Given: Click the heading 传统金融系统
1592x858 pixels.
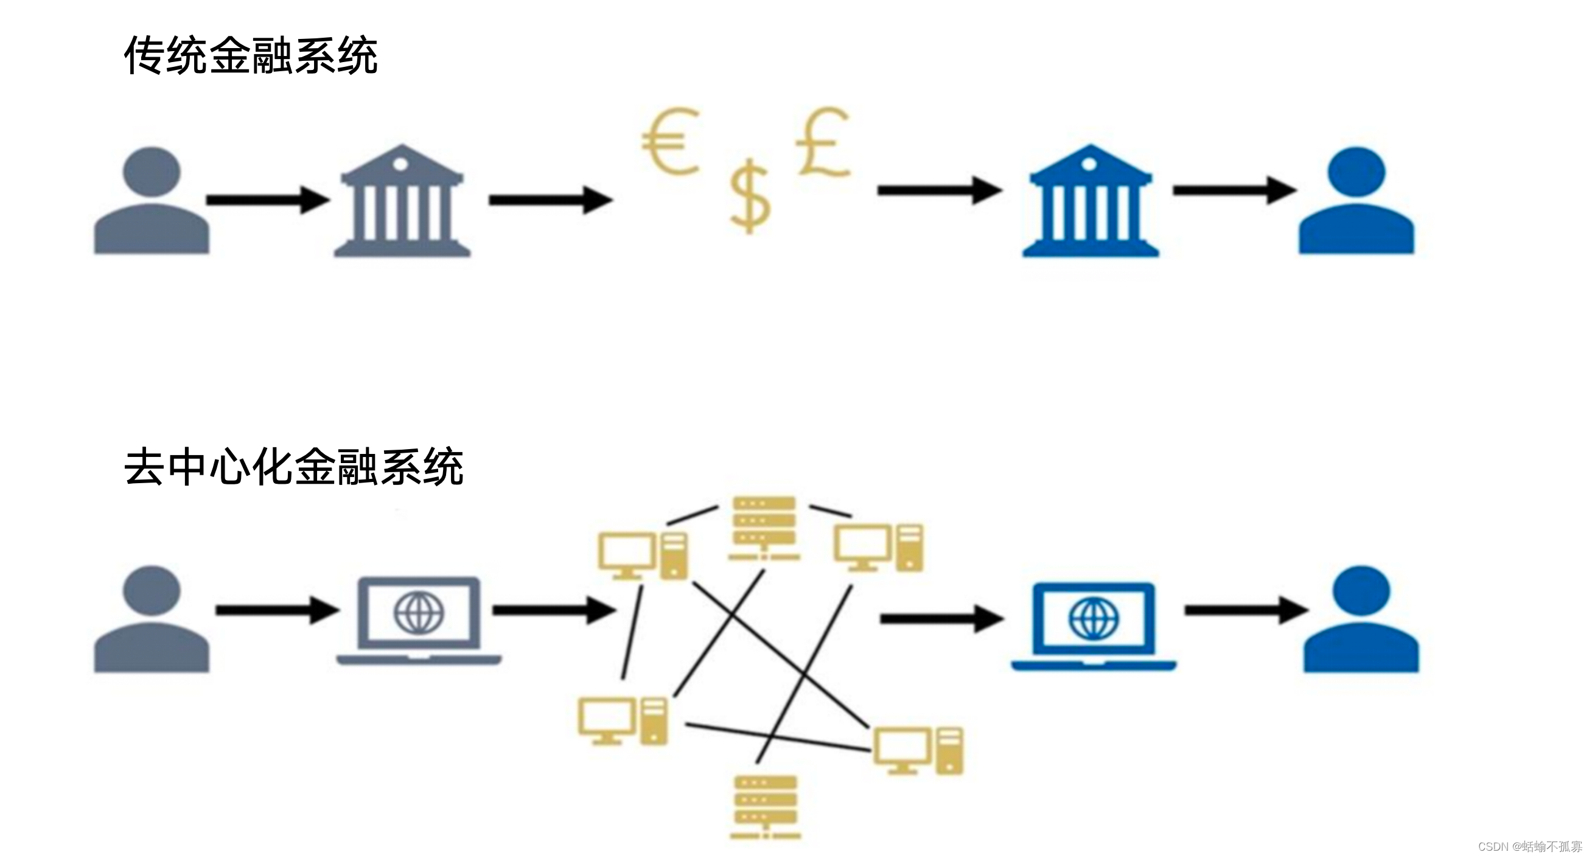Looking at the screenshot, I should tap(250, 55).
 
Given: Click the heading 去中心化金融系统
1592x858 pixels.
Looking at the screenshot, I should tap(293, 467).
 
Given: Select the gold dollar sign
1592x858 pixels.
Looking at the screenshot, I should tap(750, 196).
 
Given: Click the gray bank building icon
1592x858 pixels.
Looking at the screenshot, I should tap(402, 201).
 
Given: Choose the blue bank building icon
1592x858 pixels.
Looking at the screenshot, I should tap(1091, 201).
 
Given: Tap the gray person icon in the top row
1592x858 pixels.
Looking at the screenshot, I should tap(152, 201).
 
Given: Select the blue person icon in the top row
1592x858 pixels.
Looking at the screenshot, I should tap(1356, 201).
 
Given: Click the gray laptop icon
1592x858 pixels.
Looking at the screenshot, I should tap(419, 620).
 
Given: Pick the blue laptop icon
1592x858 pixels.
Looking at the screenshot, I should tap(1093, 624).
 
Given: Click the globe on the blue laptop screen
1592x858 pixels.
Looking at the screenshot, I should tap(1093, 618).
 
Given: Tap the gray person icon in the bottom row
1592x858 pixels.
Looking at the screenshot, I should tap(152, 619).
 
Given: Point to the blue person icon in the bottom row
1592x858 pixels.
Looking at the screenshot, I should tap(1361, 619).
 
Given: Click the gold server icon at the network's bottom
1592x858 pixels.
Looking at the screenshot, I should tap(766, 806).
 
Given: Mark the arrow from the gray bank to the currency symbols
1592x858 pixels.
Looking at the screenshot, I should tap(550, 200).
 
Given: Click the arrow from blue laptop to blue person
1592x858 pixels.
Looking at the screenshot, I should tap(1245, 610).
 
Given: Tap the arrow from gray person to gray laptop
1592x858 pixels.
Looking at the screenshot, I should tap(277, 610).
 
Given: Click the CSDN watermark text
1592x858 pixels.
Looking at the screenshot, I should tap(1529, 846).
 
